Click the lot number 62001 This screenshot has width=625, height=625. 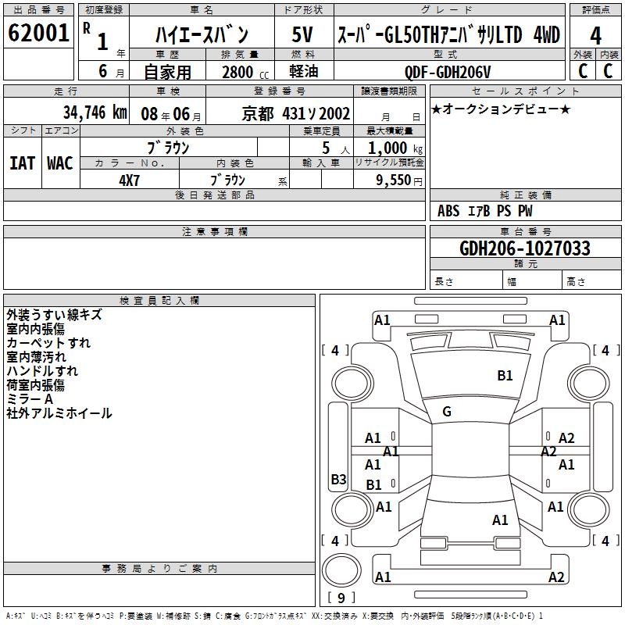[38, 34]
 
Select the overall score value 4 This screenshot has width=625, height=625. [595, 35]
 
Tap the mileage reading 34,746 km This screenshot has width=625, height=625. [95, 112]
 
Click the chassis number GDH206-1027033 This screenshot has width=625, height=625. [525, 248]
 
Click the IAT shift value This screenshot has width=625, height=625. [22, 162]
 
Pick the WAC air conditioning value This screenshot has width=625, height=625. [59, 162]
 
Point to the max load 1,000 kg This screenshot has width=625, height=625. [389, 148]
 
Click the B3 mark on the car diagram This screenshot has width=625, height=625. [338, 480]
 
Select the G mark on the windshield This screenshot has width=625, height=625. [447, 412]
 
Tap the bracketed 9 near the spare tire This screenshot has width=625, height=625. [341, 598]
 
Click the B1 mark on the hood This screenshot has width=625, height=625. [505, 376]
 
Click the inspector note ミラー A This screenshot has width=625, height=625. [30, 399]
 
